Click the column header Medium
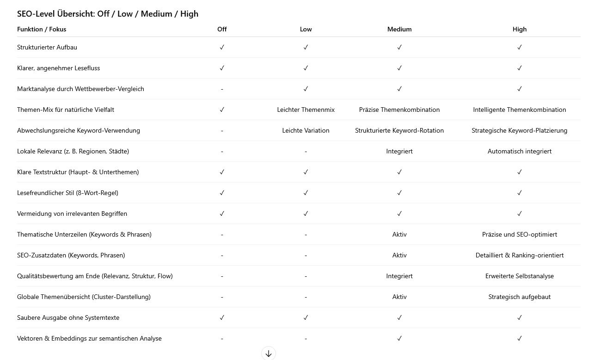(399, 29)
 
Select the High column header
(520, 29)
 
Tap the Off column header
(222, 29)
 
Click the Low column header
(306, 29)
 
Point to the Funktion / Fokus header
(42, 29)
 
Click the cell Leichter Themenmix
(306, 110)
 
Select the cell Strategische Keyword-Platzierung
(519, 130)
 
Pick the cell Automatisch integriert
(519, 151)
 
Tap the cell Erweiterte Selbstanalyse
(519, 276)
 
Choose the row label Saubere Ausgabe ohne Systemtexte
(68, 317)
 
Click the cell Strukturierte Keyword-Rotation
(399, 130)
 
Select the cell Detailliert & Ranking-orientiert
(519, 255)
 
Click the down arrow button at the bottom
(269, 354)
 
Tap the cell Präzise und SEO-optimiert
(519, 234)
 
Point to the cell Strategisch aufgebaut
(519, 297)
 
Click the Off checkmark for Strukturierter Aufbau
(222, 47)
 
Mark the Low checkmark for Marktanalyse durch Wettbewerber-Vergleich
(306, 89)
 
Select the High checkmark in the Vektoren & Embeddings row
(520, 338)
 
